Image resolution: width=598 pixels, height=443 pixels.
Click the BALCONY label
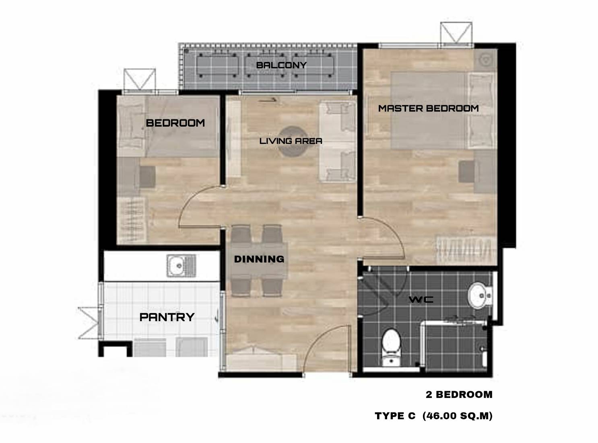coord(281,65)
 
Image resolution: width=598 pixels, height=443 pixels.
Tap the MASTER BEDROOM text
coord(429,109)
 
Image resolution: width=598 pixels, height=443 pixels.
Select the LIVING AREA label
coord(291,141)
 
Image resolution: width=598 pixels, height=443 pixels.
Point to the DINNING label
coord(259,259)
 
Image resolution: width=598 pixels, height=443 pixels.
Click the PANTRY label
coord(167,317)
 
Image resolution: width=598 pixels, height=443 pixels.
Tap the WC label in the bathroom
coord(421,299)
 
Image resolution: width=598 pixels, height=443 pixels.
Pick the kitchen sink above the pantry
coord(181,266)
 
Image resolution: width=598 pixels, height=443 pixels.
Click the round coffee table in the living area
coord(293,142)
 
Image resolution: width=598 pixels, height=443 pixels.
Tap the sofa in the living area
coord(338,142)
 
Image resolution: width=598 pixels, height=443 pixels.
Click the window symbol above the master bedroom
coord(456,33)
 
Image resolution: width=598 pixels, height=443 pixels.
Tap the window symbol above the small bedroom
coord(139,79)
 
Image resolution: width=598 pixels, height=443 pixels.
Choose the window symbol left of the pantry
coord(89,323)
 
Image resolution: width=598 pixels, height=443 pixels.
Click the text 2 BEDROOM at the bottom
coord(459,394)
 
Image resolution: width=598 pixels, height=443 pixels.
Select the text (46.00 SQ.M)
coord(457,416)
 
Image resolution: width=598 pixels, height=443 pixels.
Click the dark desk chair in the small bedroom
coord(147,176)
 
